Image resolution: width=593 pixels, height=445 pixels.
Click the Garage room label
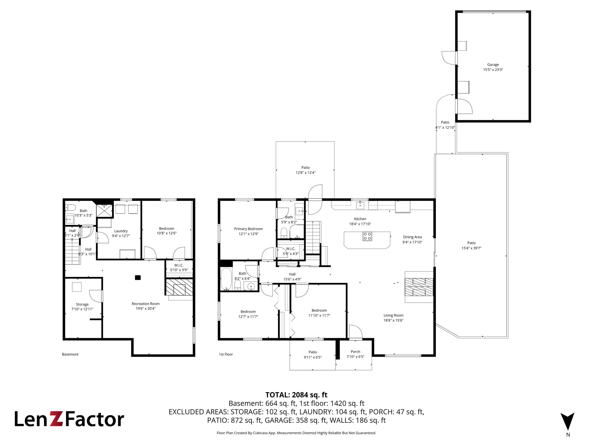point(493,65)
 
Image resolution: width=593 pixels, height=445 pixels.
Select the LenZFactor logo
point(69,419)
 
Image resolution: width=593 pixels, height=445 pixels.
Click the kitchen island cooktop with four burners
point(367,236)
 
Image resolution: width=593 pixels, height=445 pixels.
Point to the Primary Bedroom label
point(248,229)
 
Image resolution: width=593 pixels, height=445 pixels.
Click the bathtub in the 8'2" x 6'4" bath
point(226,279)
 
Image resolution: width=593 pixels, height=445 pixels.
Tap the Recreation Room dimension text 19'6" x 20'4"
point(146,308)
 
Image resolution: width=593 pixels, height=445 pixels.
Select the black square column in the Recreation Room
point(138,277)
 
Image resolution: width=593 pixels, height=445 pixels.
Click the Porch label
point(355,352)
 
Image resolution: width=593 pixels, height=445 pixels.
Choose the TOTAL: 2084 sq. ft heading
point(296,395)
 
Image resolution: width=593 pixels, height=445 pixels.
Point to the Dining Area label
point(412,237)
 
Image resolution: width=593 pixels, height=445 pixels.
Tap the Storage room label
point(82,304)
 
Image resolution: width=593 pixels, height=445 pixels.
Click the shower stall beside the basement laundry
point(105,211)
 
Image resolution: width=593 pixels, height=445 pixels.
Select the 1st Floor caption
point(226,354)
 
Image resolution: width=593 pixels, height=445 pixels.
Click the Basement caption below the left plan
point(70,354)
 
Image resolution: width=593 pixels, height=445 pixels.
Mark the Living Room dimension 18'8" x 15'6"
point(393,320)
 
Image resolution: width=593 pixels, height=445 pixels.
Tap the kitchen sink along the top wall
point(360,205)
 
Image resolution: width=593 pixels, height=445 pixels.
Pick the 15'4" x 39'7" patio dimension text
point(471,248)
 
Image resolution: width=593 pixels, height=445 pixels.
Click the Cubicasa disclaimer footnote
point(296,433)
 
